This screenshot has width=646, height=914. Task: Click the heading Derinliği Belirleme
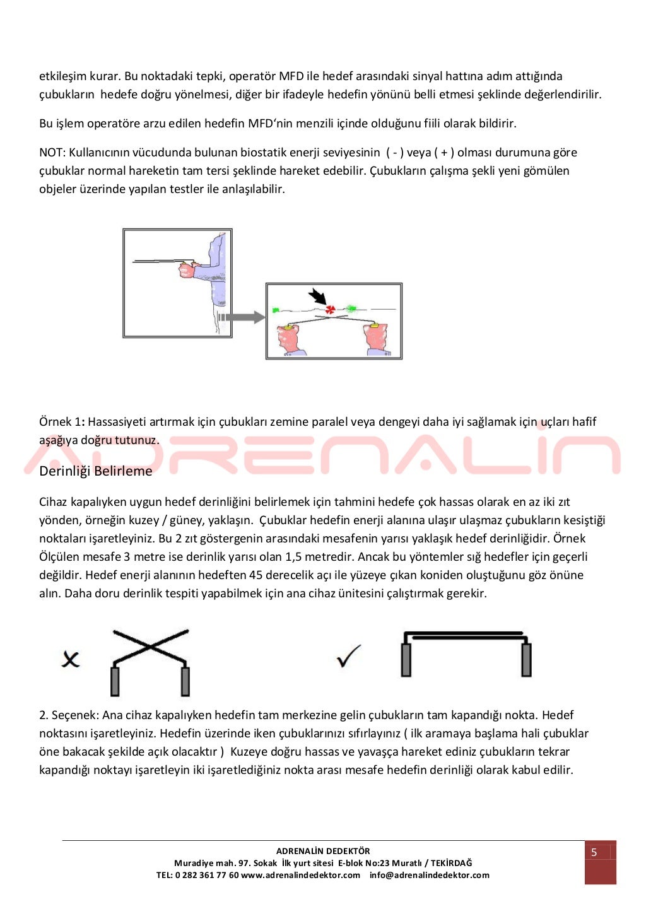click(x=96, y=471)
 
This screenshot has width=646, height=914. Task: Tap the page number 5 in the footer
click(x=594, y=852)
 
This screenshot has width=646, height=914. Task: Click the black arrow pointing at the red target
click(x=317, y=296)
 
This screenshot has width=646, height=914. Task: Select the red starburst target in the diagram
click(x=330, y=309)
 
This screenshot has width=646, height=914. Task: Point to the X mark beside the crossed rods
click(x=71, y=659)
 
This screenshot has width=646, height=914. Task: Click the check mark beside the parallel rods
click(x=349, y=656)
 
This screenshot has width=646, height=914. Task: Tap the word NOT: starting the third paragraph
click(x=52, y=153)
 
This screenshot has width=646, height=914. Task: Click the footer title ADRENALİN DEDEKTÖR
click(x=323, y=851)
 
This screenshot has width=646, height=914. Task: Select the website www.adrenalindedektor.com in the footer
click(x=301, y=875)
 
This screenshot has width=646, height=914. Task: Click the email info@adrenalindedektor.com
click(x=430, y=875)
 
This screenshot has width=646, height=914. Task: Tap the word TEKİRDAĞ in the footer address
click(x=451, y=863)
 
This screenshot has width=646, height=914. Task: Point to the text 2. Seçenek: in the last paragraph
click(x=69, y=715)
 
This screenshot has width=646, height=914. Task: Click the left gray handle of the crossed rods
click(x=115, y=681)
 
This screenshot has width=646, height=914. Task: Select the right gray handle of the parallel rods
click(x=526, y=660)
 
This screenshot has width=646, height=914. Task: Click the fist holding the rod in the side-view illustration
click(x=187, y=270)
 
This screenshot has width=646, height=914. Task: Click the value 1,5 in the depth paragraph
click(x=294, y=557)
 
